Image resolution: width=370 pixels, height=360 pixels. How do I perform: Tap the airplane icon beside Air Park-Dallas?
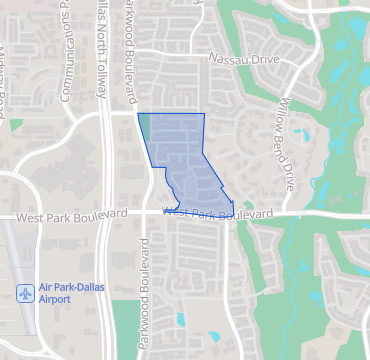point(24,293)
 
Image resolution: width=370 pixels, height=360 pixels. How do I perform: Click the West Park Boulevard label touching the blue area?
point(217,213)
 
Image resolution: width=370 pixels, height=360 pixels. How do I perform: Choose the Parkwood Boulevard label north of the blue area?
point(128,50)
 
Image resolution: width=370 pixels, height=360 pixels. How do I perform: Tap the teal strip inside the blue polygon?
point(143,125)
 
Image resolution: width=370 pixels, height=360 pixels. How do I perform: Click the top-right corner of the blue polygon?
point(204,114)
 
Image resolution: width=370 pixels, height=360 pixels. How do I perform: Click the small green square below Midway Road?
point(15,125)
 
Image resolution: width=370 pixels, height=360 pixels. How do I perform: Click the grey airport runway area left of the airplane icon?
point(10,260)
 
